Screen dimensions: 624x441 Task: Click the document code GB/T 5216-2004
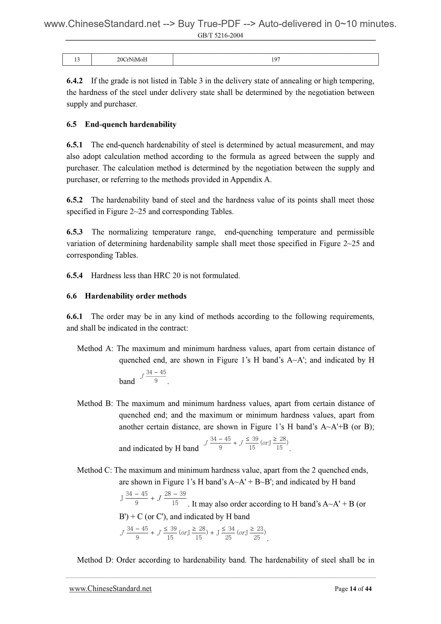click(x=220, y=35)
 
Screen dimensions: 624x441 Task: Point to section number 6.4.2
click(x=75, y=81)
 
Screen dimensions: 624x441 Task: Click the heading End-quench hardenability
click(x=131, y=124)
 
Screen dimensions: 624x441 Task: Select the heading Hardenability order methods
click(x=136, y=296)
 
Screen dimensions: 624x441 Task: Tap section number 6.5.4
click(x=75, y=276)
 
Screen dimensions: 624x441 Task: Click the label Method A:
click(x=95, y=348)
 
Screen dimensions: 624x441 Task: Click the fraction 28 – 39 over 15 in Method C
click(x=175, y=498)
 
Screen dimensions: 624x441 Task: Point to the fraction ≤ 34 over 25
click(x=228, y=533)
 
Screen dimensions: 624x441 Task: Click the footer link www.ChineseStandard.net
click(x=110, y=589)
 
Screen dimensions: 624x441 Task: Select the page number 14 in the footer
click(x=353, y=589)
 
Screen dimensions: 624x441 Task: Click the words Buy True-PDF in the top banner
click(x=209, y=24)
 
